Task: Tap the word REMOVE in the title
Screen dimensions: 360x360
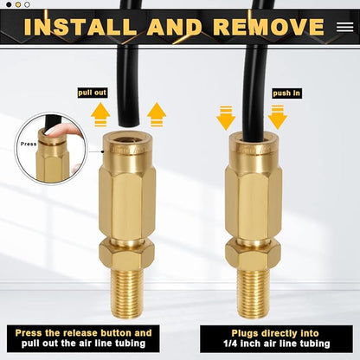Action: coord(267,26)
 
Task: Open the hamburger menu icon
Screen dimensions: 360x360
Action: coord(344,26)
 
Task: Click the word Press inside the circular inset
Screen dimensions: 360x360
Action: coord(29,145)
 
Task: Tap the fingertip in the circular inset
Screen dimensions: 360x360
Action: coord(56,131)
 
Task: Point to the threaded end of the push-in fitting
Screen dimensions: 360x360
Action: coord(253,291)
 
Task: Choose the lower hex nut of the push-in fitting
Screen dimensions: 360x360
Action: coord(253,253)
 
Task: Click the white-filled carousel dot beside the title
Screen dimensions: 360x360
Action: coord(27,4)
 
